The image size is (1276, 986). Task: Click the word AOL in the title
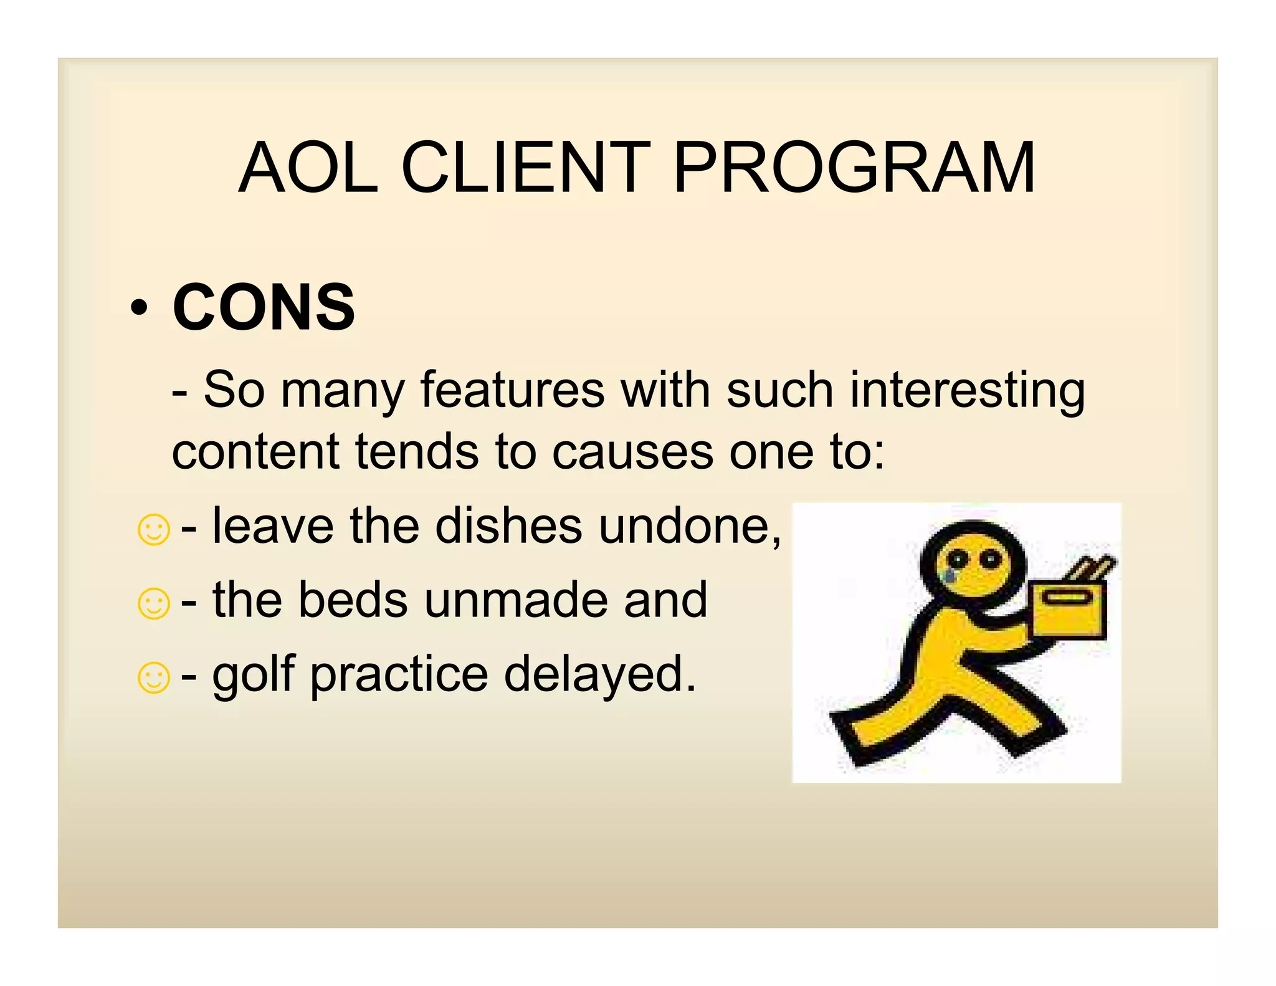pos(308,168)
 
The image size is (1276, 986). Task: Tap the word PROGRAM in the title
pos(854,168)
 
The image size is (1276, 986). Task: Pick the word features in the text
pos(512,390)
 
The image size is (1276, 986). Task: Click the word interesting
pos(968,391)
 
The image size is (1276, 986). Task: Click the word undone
pos(689,527)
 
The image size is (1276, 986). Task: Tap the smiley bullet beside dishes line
pos(153,530)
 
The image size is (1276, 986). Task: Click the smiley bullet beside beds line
pos(153,604)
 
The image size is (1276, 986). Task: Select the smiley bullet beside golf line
pos(153,677)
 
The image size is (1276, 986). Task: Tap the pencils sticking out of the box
pos(1090,567)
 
